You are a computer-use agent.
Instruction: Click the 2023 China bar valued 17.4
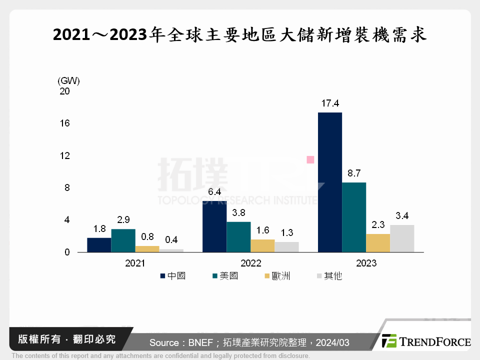click(x=330, y=182)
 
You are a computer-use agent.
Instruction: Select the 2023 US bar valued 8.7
click(x=354, y=217)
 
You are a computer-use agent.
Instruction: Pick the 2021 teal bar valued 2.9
click(x=123, y=240)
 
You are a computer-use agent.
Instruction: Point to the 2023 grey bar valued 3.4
click(x=402, y=238)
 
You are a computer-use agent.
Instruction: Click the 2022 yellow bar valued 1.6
click(x=262, y=246)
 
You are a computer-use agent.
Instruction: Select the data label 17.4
click(x=330, y=103)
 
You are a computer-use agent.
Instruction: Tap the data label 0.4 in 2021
click(x=171, y=240)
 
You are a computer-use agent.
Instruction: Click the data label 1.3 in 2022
click(x=286, y=233)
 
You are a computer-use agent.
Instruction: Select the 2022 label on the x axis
click(x=250, y=263)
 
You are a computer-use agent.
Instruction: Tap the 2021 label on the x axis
click(x=135, y=263)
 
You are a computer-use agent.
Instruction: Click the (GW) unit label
click(x=68, y=80)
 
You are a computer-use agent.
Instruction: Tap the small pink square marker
click(x=310, y=159)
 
